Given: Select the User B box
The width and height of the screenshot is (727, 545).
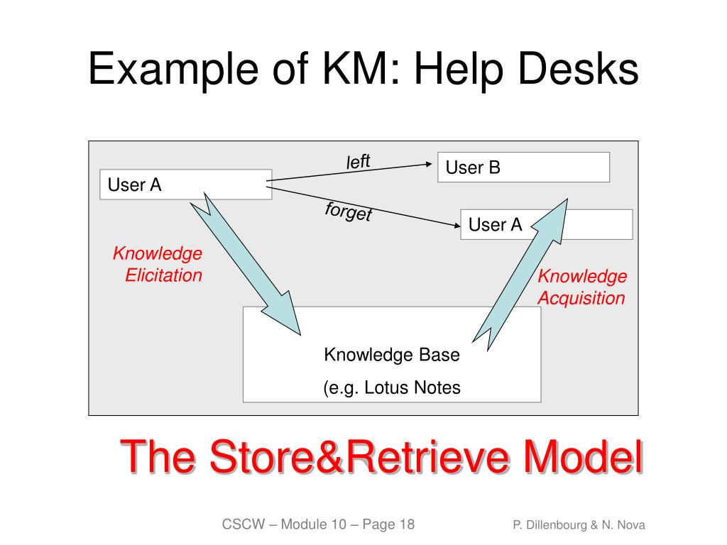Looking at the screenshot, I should (523, 167).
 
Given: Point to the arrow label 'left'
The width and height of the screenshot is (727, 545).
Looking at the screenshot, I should (359, 162).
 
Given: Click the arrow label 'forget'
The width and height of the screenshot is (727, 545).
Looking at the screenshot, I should (349, 211).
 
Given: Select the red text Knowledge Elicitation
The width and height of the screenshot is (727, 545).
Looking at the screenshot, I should (158, 265).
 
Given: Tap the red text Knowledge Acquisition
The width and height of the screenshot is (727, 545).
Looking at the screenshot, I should (581, 287).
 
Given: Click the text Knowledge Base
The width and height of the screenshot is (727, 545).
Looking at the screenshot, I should (392, 355).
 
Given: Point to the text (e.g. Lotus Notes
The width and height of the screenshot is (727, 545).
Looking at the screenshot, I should (392, 387).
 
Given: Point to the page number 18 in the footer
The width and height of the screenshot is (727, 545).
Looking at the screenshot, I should (407, 525).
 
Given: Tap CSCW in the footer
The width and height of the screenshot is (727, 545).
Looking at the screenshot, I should (244, 525).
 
